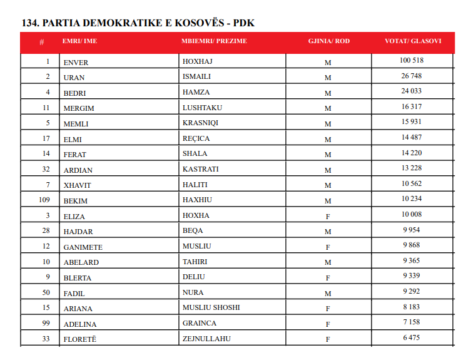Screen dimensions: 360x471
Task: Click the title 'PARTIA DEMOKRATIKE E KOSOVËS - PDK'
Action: [x=138, y=23]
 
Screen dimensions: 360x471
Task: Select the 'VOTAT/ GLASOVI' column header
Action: [x=412, y=41]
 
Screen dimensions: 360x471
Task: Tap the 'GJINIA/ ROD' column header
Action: [x=328, y=41]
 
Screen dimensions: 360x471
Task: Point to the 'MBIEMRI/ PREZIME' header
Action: [x=214, y=41]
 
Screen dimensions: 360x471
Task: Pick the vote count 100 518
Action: [x=412, y=61]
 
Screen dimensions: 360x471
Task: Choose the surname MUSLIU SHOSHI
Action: [x=211, y=308]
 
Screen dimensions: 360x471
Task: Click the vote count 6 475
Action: [x=412, y=338]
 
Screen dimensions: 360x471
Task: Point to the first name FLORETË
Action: [x=80, y=339]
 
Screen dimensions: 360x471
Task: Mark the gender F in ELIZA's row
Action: [x=327, y=217]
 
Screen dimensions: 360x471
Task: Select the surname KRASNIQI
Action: [x=201, y=123]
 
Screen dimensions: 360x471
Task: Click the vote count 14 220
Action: [x=412, y=153]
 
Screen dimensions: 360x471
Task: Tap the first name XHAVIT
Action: [x=76, y=185]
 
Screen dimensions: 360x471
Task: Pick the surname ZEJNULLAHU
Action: [x=208, y=339]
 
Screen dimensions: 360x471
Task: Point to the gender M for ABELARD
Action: [x=327, y=263]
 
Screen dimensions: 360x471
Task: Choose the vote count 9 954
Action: [x=412, y=230]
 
